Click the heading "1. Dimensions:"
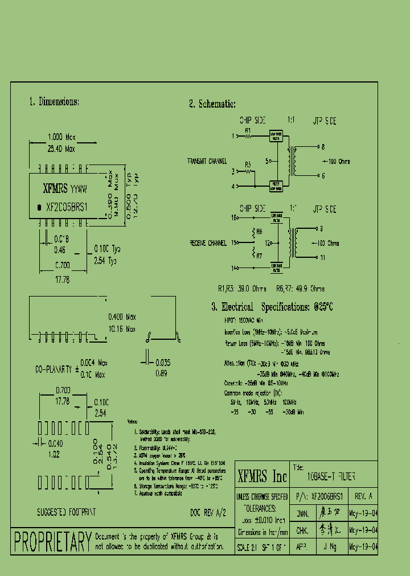tap(54, 102)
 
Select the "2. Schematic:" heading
tap(212, 104)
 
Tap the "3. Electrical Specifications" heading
tap(272, 307)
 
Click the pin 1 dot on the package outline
tap(39, 208)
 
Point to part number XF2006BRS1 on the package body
tap(66, 208)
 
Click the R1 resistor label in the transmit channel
tap(248, 130)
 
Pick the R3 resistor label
tap(248, 164)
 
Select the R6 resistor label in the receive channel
tap(259, 232)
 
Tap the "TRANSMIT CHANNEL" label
tap(207, 162)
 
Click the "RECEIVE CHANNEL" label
tap(208, 243)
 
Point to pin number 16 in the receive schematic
tap(233, 218)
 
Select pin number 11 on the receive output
tap(322, 258)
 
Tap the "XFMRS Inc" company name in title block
tap(262, 476)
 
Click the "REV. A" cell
tap(363, 496)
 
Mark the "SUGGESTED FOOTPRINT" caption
tap(66, 512)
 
